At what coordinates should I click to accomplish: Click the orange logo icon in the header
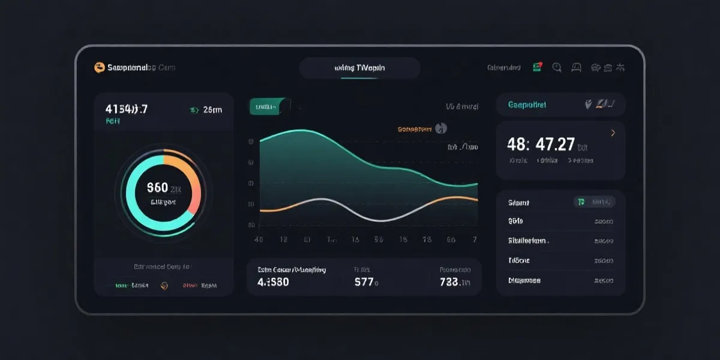point(100,68)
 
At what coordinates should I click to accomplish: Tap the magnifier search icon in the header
point(557,68)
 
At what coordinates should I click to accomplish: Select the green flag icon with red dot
point(538,67)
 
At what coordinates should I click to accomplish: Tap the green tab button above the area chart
point(266,107)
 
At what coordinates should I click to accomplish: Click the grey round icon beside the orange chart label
point(441,128)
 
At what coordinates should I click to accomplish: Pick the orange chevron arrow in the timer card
point(613,133)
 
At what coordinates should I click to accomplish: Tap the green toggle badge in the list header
point(580,202)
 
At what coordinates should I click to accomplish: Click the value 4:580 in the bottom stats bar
point(273,281)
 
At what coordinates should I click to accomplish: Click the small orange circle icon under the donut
point(164,286)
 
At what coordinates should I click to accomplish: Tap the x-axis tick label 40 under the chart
point(259,239)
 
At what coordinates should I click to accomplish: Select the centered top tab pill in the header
point(359,68)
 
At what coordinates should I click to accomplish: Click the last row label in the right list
point(524,280)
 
